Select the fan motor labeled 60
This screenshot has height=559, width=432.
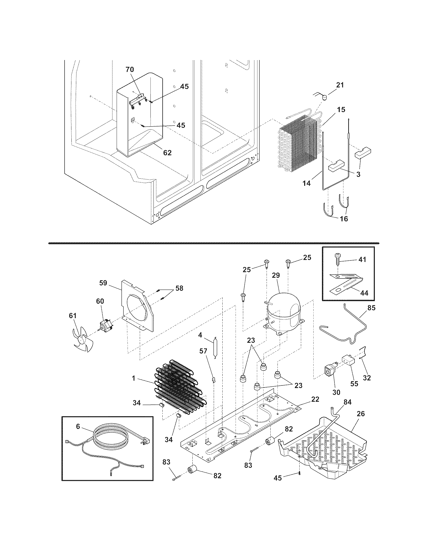pyautogui.click(x=106, y=325)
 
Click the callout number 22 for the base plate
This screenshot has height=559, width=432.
pyautogui.click(x=315, y=399)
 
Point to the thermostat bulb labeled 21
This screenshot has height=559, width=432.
pyautogui.click(x=324, y=98)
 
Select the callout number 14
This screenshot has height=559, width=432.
pyautogui.click(x=307, y=183)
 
